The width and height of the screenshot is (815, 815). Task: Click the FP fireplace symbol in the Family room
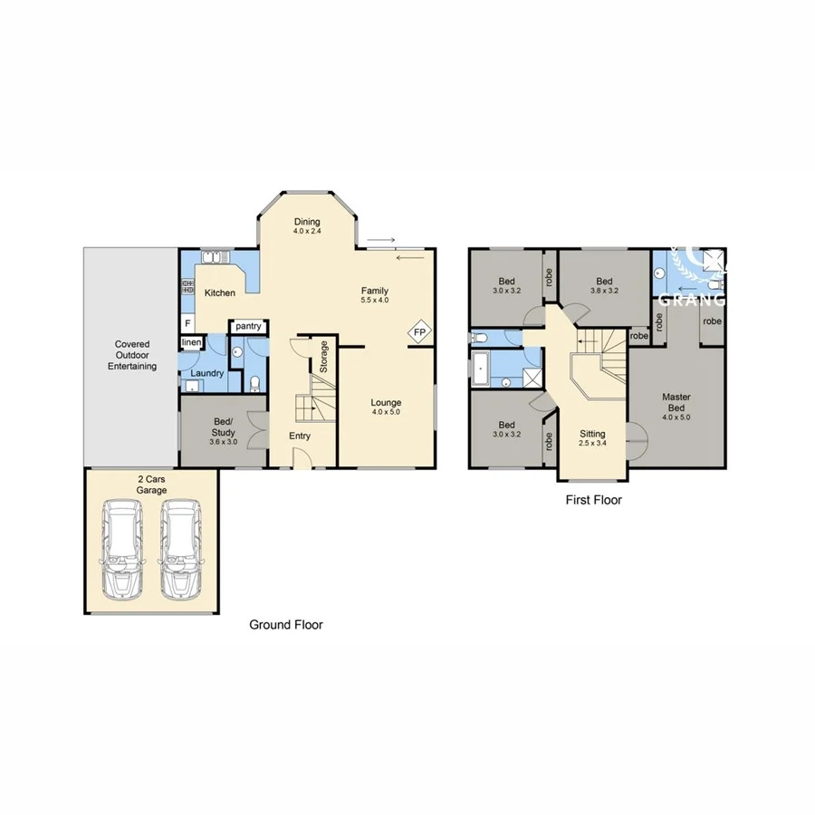(419, 332)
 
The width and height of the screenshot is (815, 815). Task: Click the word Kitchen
(220, 292)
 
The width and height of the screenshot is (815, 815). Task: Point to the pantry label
(248, 326)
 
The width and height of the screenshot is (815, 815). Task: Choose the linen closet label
(191, 342)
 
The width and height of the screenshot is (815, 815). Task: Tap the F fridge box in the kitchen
(187, 322)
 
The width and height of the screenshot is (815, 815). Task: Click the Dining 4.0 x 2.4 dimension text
(308, 231)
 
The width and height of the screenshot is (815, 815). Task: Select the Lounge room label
(386, 403)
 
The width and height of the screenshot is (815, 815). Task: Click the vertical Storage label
(323, 357)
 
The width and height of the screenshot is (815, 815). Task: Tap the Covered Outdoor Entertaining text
(132, 355)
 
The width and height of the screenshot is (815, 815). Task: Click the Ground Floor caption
(286, 625)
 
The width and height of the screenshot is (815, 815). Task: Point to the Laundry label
(206, 372)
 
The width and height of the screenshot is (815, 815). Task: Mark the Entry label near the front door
(300, 436)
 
